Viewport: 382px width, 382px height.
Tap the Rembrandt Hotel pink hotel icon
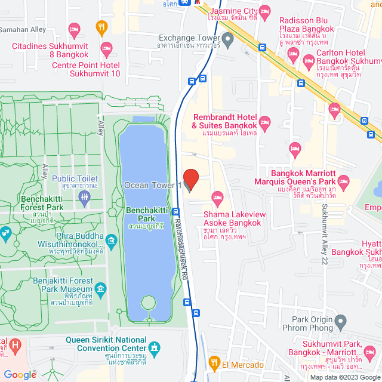tap(265, 122)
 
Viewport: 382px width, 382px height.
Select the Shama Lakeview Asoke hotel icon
tap(218, 197)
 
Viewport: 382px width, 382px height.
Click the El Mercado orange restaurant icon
tap(214, 361)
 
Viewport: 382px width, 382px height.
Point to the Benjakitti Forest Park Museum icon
tap(100, 290)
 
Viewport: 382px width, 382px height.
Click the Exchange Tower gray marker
tap(227, 40)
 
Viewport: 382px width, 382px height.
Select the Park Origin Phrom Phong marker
tap(341, 322)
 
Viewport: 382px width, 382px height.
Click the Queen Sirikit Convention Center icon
tap(155, 347)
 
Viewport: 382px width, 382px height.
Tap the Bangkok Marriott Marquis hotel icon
tap(344, 180)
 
